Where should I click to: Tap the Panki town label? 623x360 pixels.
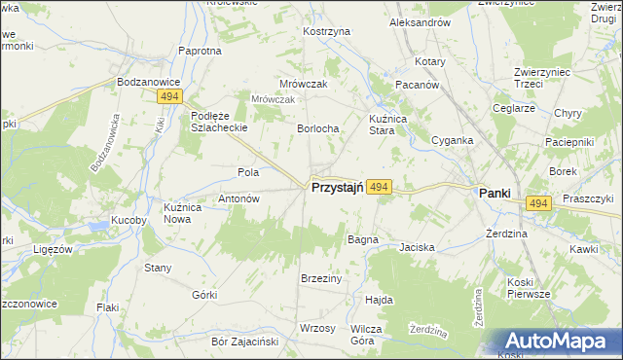(495, 194)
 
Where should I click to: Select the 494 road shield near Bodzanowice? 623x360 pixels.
(168, 97)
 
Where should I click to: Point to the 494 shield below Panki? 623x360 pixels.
(538, 202)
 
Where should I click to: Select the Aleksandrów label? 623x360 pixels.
(419, 21)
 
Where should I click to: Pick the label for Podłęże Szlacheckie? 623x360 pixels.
(218, 122)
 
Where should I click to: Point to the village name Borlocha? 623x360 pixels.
(317, 128)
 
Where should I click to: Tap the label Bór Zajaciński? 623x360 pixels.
(245, 342)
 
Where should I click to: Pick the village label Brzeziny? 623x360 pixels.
(321, 278)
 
